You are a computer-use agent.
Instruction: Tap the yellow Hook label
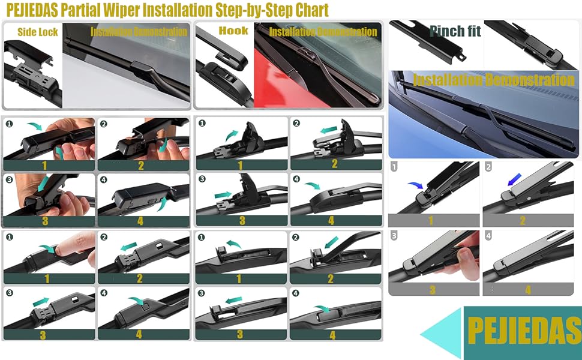[233, 31]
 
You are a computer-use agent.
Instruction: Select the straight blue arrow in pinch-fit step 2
[514, 179]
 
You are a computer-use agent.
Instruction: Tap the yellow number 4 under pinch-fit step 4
[528, 290]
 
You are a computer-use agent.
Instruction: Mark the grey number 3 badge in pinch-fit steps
[394, 235]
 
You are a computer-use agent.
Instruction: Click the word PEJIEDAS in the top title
[32, 10]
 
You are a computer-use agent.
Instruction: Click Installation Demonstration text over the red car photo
[323, 32]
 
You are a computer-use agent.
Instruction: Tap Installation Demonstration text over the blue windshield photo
[494, 80]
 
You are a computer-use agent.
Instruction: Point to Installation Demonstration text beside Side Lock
[139, 32]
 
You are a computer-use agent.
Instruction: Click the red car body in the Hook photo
[275, 82]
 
